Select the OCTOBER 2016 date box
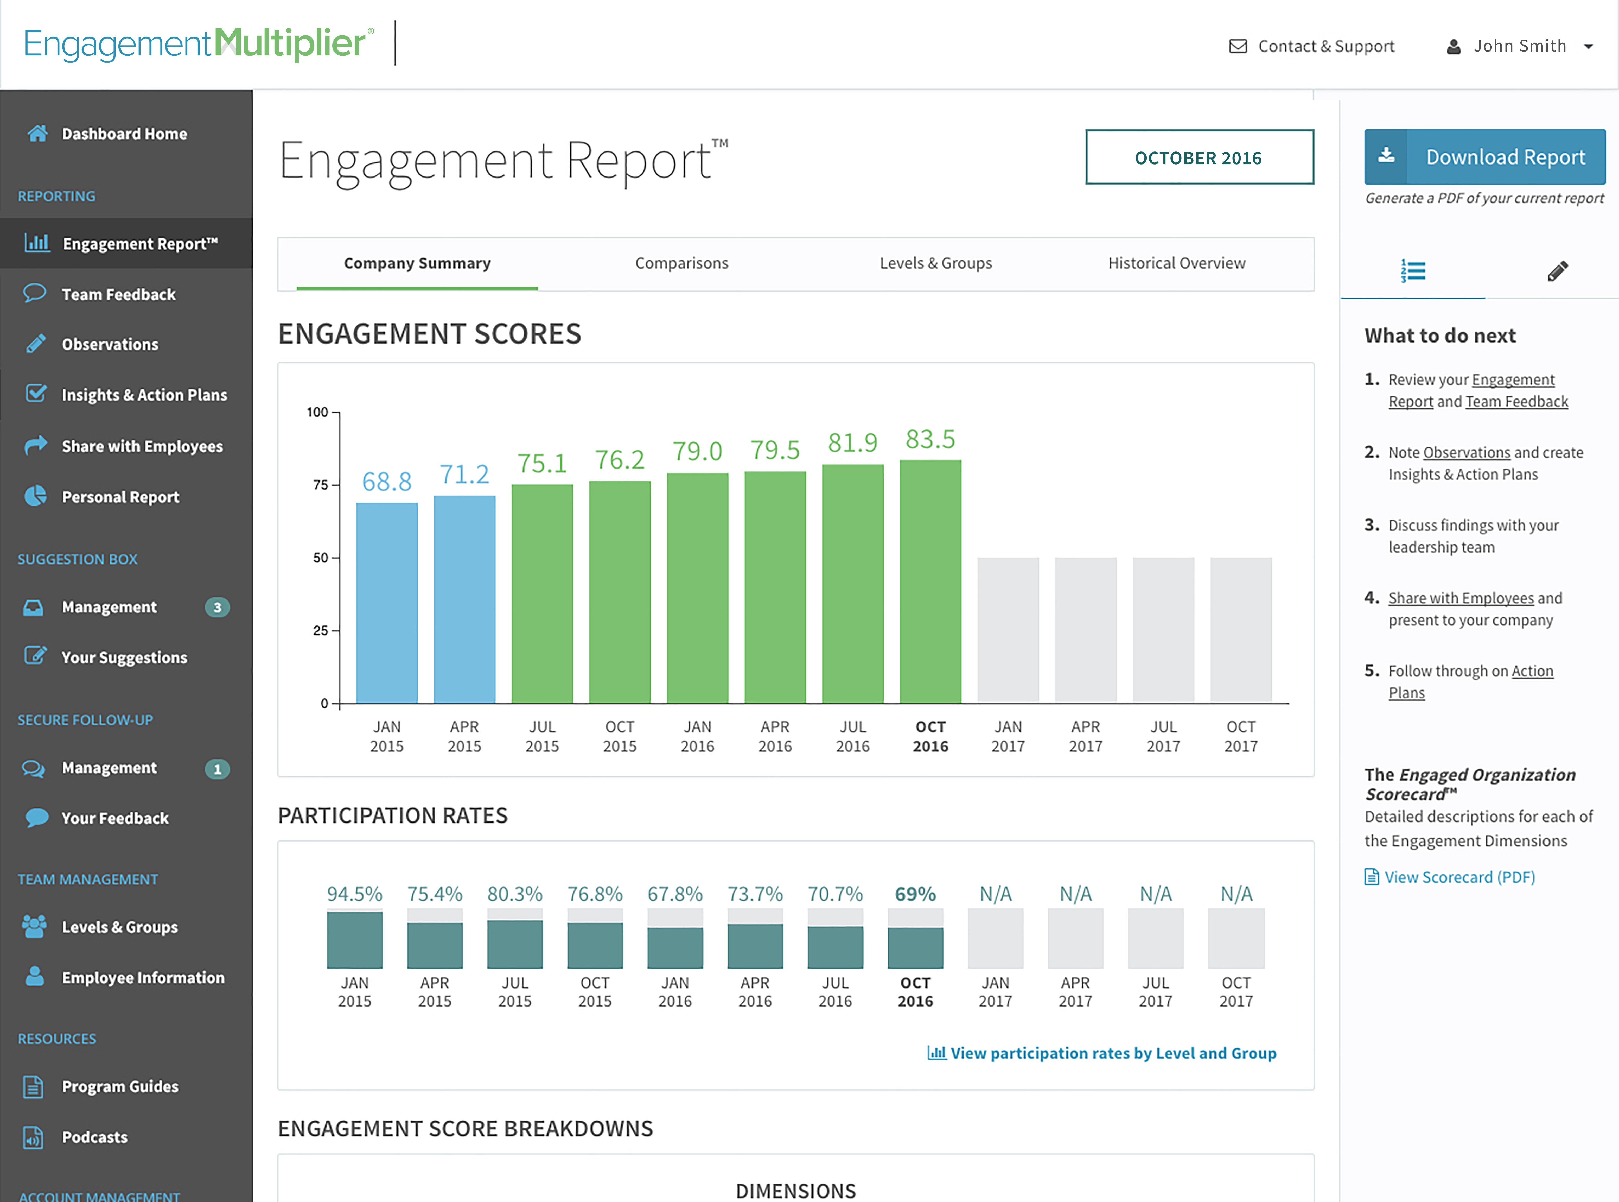[1199, 158]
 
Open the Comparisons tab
[681, 263]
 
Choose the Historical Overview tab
[1176, 263]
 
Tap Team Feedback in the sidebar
[119, 295]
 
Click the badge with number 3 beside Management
[217, 608]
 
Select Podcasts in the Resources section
[94, 1137]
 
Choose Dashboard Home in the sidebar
[124, 134]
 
